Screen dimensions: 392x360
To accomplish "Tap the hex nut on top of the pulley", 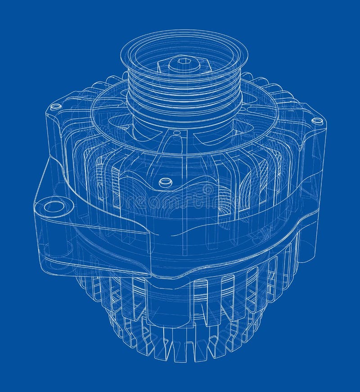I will (184, 65).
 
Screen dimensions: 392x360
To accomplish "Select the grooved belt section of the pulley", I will (184, 90).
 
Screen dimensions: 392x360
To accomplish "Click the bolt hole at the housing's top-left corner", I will (56, 107).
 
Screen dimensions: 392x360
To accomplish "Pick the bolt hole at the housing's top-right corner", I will (317, 121).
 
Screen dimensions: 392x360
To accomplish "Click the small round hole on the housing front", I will (166, 182).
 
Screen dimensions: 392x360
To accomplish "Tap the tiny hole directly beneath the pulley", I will (176, 133).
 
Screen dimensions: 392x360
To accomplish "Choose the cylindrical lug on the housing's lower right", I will (306, 243).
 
